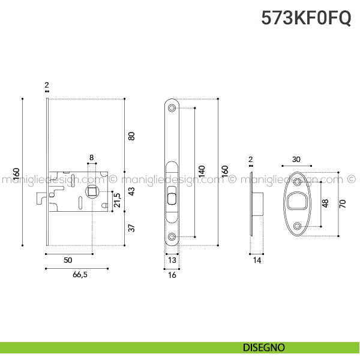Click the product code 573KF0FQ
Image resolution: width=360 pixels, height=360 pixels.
point(306,18)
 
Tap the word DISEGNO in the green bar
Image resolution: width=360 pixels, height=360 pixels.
point(264,347)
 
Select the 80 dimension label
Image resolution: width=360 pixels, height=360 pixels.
point(132,136)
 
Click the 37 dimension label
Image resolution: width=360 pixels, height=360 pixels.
point(132,228)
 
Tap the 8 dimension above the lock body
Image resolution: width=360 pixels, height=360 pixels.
point(91,158)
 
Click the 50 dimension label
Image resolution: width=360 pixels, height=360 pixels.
point(68,260)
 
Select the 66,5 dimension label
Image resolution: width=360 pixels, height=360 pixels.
point(76,275)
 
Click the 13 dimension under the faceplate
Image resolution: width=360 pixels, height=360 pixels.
point(172,260)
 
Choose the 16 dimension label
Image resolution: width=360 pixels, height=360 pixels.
point(172,275)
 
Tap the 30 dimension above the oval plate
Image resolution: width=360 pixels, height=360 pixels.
point(296,160)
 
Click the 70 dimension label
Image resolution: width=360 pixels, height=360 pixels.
point(343,203)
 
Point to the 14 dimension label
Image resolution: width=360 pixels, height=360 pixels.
point(257,260)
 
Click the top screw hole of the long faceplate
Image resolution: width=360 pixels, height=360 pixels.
point(172,108)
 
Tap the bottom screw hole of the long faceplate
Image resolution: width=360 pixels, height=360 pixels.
point(172,237)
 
